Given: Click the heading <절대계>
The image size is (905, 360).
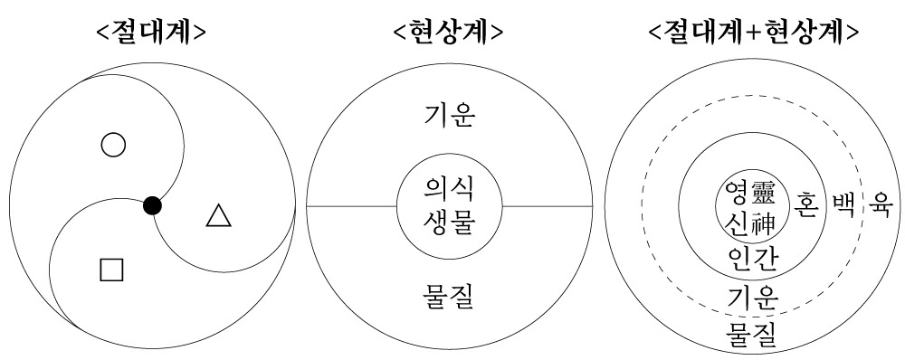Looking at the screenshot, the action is (x=152, y=33).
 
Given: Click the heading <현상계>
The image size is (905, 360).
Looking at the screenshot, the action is (x=450, y=33).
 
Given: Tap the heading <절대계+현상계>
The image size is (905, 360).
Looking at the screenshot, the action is (x=754, y=33).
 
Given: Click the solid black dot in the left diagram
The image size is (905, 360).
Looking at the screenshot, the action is (x=153, y=206).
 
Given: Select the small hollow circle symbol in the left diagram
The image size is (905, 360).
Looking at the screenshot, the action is (x=112, y=146).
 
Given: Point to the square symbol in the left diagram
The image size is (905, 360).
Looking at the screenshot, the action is (x=111, y=269).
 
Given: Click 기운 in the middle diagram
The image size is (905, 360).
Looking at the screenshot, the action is (x=450, y=115).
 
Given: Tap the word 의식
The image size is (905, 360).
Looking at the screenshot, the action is (x=450, y=191).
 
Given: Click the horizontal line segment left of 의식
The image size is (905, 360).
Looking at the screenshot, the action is (x=352, y=206).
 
